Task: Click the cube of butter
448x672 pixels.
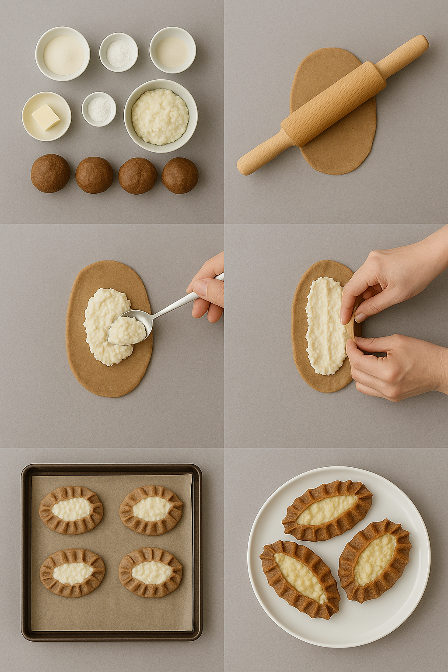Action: click(x=45, y=117)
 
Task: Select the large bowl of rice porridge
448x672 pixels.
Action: click(x=160, y=116)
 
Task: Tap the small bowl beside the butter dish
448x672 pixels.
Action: click(x=99, y=109)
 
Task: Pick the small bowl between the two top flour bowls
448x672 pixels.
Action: click(x=119, y=52)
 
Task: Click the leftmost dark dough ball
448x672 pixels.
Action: click(x=50, y=173)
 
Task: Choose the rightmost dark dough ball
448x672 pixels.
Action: click(x=180, y=175)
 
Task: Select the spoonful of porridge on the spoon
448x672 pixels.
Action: click(x=126, y=330)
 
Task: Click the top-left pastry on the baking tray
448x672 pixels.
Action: click(x=71, y=510)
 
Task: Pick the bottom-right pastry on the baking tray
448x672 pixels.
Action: click(x=151, y=572)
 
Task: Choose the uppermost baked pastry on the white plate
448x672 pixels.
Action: click(x=327, y=510)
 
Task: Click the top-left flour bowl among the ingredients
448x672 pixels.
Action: click(x=63, y=54)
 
